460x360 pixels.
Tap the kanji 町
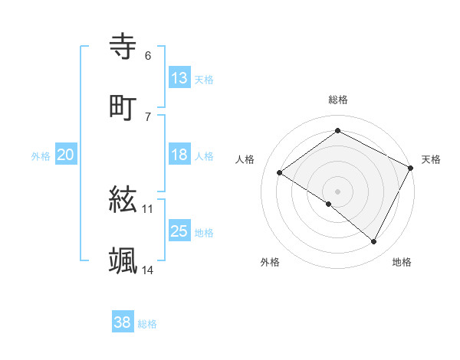[x=123, y=106]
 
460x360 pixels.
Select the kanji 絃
[x=123, y=201]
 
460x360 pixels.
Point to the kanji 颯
[x=123, y=261]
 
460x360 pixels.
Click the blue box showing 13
[x=179, y=78]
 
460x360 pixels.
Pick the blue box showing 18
[x=179, y=155]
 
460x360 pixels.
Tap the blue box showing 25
[x=179, y=231]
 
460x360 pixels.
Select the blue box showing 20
[x=66, y=155]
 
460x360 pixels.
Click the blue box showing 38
[x=123, y=322]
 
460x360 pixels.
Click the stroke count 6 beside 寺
[x=148, y=56]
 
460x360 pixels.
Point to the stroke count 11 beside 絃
[x=148, y=208]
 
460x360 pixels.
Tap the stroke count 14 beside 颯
[x=148, y=270]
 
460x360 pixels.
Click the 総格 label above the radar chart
[x=337, y=100]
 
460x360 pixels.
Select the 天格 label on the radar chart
[x=431, y=159]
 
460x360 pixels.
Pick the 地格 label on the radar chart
[x=402, y=262]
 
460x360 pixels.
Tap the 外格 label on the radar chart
[x=270, y=262]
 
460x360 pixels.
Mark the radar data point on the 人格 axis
[x=280, y=172]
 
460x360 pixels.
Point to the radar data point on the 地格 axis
[x=374, y=242]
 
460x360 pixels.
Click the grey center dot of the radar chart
[x=337, y=191]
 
